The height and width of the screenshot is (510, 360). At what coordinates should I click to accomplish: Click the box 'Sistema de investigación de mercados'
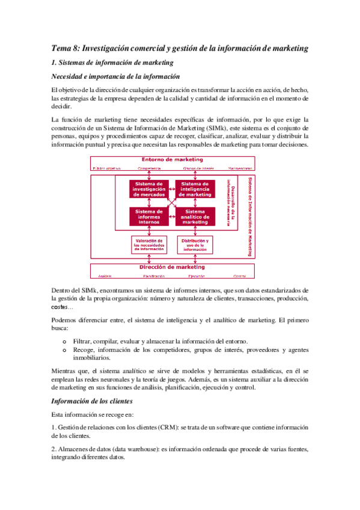pyautogui.click(x=150, y=189)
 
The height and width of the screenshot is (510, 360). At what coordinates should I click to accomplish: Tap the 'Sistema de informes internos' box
pyautogui.click(x=150, y=216)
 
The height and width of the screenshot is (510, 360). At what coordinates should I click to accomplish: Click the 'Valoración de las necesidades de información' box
pyautogui.click(x=149, y=245)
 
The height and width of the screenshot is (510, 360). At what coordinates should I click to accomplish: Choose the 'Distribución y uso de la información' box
pyautogui.click(x=195, y=245)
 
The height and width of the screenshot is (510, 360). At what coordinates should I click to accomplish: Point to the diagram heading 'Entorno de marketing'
pyautogui.click(x=172, y=159)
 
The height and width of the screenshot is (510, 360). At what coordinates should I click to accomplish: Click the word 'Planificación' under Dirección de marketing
pyautogui.click(x=154, y=276)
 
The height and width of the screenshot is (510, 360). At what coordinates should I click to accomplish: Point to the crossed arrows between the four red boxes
pyautogui.click(x=172, y=203)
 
